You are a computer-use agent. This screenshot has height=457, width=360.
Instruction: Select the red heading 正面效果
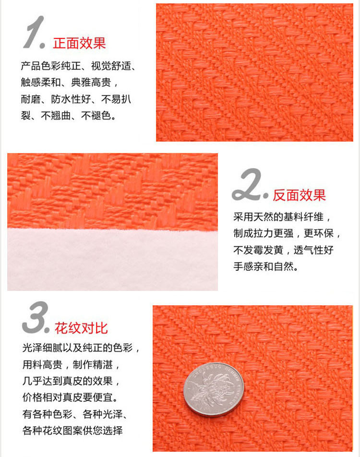pos(79,43)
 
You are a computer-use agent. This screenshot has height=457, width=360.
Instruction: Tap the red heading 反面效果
pos(299,195)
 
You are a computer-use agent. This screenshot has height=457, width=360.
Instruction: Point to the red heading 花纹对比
pos(81,328)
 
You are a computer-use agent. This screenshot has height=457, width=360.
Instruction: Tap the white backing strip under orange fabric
pos(112,259)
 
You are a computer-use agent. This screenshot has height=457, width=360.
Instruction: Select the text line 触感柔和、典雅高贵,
pos(69,83)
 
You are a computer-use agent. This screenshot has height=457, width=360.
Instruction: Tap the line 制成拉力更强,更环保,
pos(288,233)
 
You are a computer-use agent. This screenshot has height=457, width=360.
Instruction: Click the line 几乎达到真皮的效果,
pos(70,381)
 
